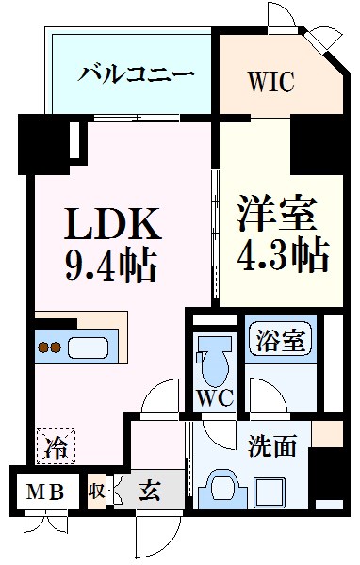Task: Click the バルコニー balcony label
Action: [137, 73]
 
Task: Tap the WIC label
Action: [271, 81]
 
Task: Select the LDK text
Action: [113, 226]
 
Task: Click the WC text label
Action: [214, 398]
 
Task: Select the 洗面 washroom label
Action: [273, 444]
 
